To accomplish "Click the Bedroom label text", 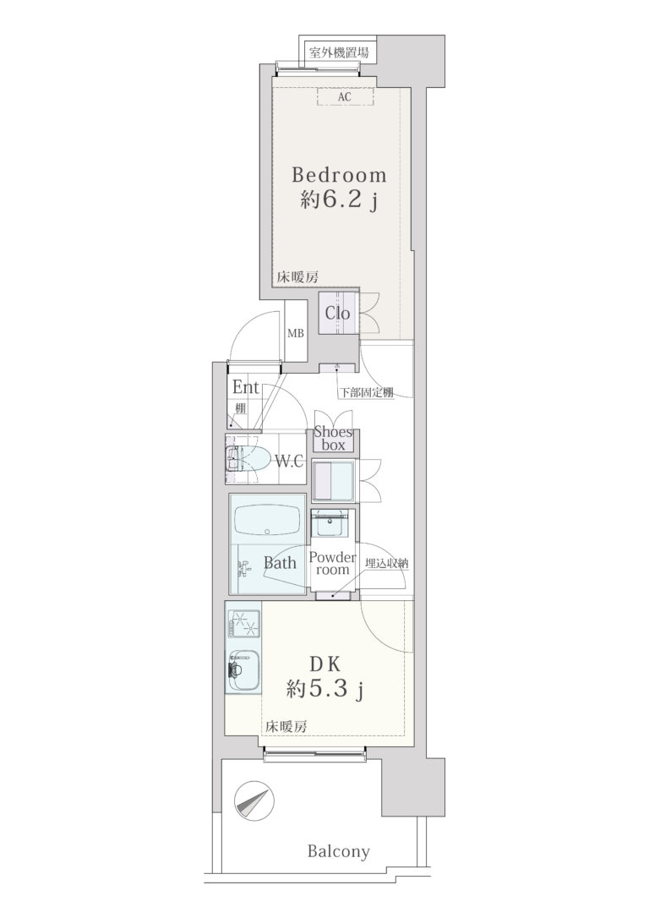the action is point(339,175).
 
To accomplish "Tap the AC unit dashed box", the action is point(346,96).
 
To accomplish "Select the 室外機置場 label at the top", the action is point(339,52).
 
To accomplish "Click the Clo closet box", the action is point(338,314).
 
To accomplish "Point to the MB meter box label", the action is point(296,334).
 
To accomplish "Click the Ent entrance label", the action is point(246,387).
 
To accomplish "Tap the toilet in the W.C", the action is point(248,459).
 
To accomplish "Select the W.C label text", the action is point(289,462).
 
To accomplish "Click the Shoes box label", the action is point(334,439).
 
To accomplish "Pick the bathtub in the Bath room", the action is point(267,520).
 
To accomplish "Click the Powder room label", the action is point(332,563).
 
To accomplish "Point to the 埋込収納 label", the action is point(387,563).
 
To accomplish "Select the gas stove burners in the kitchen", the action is point(244,623).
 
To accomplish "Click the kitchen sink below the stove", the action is point(243,671).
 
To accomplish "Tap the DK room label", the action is point(325,664).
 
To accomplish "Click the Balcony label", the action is point(339,851).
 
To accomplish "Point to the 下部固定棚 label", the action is point(367,392).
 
